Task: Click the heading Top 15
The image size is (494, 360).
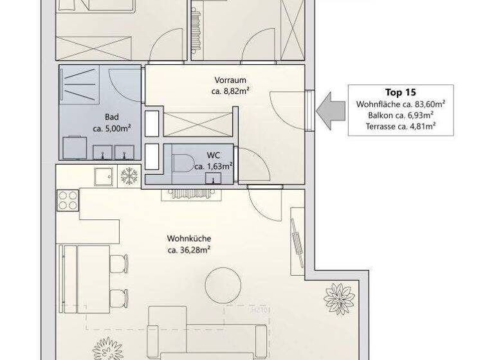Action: [401, 92]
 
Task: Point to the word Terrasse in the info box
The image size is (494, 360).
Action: [381, 126]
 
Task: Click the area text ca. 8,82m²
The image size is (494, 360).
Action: [230, 91]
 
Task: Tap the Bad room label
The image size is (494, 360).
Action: [112, 117]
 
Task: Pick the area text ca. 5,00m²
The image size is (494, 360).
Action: [112, 128]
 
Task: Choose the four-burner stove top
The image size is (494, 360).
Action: [68, 201]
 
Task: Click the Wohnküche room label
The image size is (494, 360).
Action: [189, 239]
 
